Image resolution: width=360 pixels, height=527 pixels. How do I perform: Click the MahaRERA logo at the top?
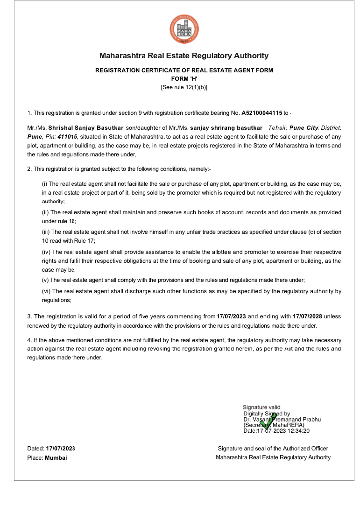click(x=184, y=29)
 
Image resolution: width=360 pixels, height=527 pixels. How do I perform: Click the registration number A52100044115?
click(x=261, y=113)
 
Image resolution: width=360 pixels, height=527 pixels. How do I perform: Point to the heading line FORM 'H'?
click(x=184, y=79)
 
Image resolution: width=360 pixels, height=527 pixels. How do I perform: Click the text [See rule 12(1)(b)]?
click(x=184, y=87)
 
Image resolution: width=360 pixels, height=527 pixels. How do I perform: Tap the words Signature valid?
click(x=261, y=408)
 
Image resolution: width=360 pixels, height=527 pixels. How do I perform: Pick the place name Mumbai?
click(x=56, y=458)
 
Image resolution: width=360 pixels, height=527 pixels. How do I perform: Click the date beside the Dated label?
click(x=60, y=449)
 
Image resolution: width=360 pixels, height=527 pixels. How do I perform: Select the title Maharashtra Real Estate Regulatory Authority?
click(x=184, y=56)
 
